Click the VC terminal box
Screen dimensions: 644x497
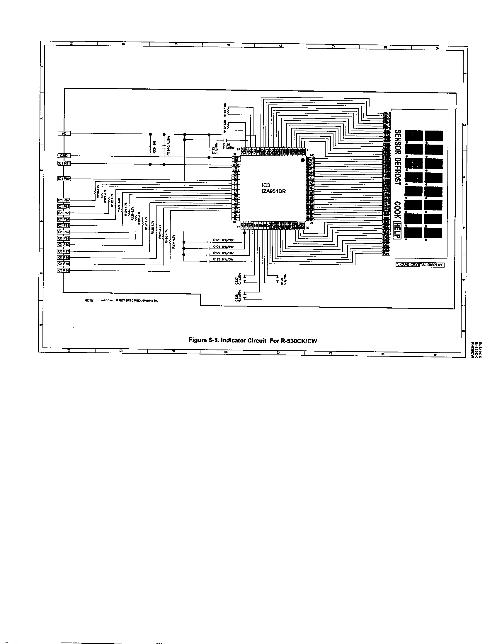(x=64, y=133)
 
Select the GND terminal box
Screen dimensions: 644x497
(x=64, y=156)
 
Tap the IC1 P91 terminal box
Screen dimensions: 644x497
(x=64, y=163)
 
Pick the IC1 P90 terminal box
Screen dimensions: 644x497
(x=64, y=179)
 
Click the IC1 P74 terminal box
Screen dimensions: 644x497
(x=64, y=270)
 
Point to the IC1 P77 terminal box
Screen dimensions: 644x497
(x=64, y=251)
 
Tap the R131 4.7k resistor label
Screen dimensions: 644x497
(x=174, y=242)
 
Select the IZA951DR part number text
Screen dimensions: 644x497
(x=274, y=191)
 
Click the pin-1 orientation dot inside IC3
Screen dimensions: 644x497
(x=302, y=160)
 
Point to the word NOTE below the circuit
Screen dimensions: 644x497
(x=89, y=300)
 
